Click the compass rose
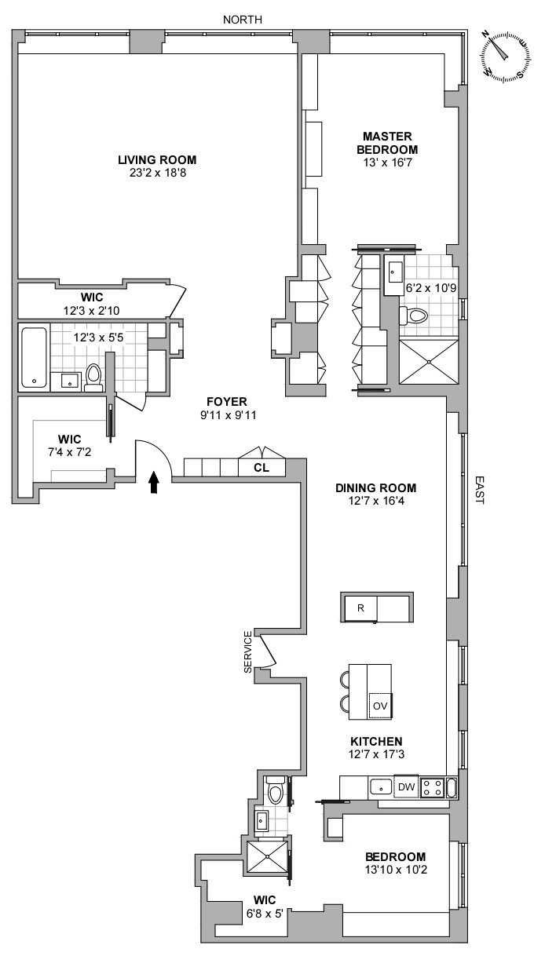click(507, 57)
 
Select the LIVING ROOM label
click(157, 160)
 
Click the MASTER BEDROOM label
click(387, 143)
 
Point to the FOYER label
click(227, 402)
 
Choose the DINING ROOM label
click(376, 488)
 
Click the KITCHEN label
click(376, 741)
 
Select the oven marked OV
click(380, 706)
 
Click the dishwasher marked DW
click(406, 786)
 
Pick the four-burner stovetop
click(432, 787)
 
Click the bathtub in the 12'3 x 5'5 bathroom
click(34, 358)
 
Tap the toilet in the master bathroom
click(413, 316)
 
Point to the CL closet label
click(262, 468)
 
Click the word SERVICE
click(248, 652)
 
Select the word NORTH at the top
click(243, 20)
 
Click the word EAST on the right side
click(479, 490)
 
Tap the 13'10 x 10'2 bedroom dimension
click(396, 870)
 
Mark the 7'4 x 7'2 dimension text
click(70, 452)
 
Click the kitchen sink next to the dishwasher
click(381, 786)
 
